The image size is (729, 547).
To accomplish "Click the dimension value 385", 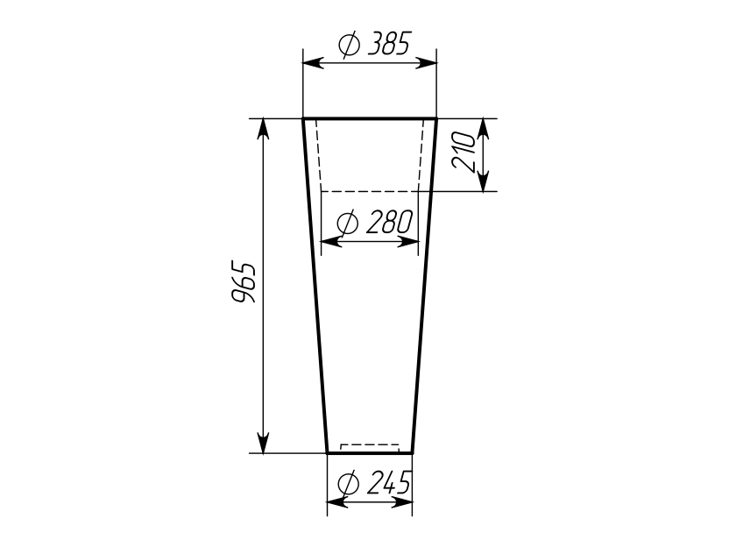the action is pyautogui.click(x=389, y=44).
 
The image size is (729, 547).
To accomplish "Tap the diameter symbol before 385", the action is pyautogui.click(x=349, y=45).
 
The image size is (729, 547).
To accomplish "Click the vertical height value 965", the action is pyautogui.click(x=244, y=283).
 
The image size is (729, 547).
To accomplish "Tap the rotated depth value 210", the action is pyautogui.click(x=464, y=152).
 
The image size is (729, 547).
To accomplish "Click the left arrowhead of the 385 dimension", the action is pyautogui.click(x=313, y=63).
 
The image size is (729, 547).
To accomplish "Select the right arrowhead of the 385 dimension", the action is pyautogui.click(x=427, y=63).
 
